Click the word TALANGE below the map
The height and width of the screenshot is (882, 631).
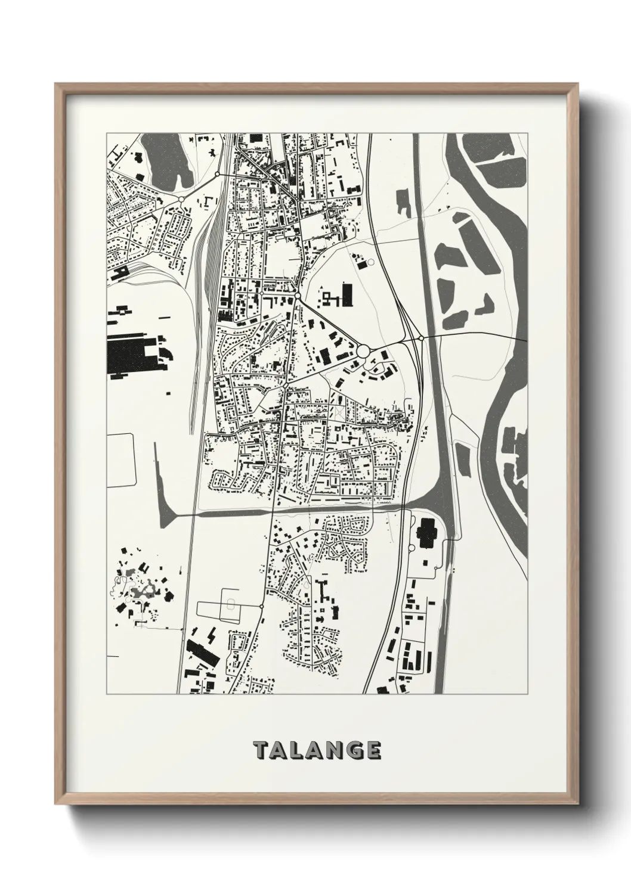317,750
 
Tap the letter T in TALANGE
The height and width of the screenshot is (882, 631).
260,750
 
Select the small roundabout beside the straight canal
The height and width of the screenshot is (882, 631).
421,338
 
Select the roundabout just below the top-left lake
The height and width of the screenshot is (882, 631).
181,198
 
